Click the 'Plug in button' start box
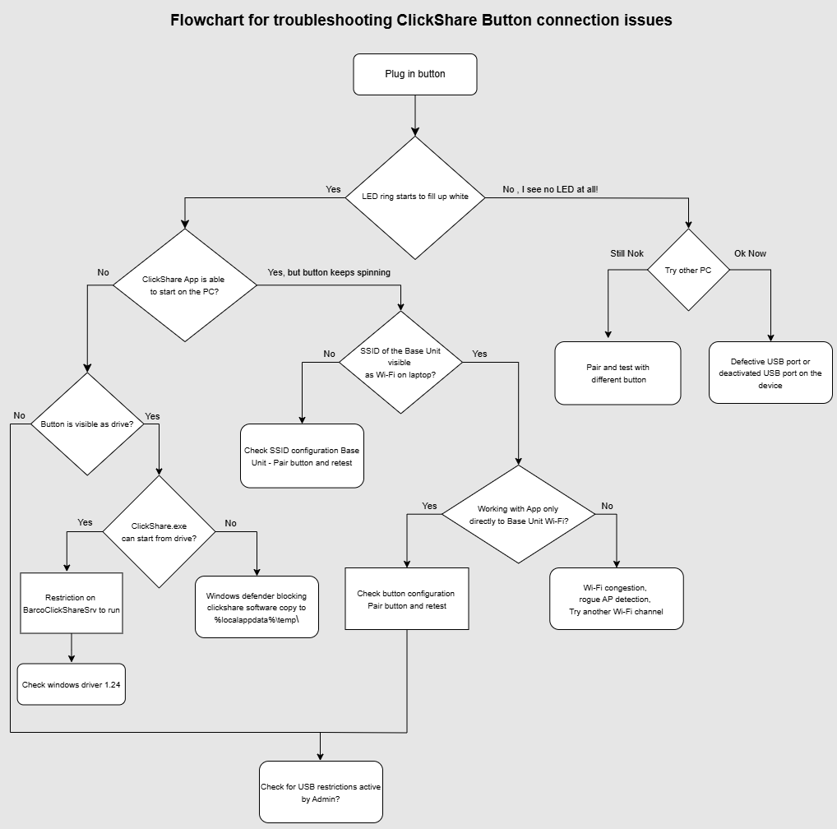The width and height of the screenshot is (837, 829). click(x=415, y=74)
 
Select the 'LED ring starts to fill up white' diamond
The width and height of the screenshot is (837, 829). click(x=415, y=197)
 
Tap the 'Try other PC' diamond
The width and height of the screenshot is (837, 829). click(x=688, y=270)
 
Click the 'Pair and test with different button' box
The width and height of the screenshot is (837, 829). click(x=617, y=373)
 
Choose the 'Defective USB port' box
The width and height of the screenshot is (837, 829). click(x=770, y=373)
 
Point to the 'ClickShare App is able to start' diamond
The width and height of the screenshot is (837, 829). click(x=184, y=285)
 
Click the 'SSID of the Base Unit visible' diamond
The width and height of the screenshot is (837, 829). click(x=400, y=362)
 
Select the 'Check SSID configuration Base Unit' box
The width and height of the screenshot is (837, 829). click(x=302, y=456)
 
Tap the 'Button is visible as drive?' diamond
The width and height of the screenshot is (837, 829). click(x=87, y=424)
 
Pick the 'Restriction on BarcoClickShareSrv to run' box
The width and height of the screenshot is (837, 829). click(x=72, y=603)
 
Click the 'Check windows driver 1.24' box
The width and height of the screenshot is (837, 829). click(x=72, y=684)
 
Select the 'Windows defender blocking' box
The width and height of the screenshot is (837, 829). click(x=257, y=607)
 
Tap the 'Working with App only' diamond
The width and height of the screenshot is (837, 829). click(x=518, y=515)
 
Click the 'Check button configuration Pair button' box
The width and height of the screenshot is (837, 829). click(x=407, y=599)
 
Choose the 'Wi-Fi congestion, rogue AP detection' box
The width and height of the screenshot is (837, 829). click(x=616, y=599)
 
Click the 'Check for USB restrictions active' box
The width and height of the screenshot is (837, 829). click(x=321, y=793)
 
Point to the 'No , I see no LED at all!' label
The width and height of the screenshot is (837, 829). click(x=550, y=190)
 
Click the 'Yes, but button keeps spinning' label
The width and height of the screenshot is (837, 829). click(x=329, y=272)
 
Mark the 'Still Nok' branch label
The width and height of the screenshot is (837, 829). click(x=627, y=253)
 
